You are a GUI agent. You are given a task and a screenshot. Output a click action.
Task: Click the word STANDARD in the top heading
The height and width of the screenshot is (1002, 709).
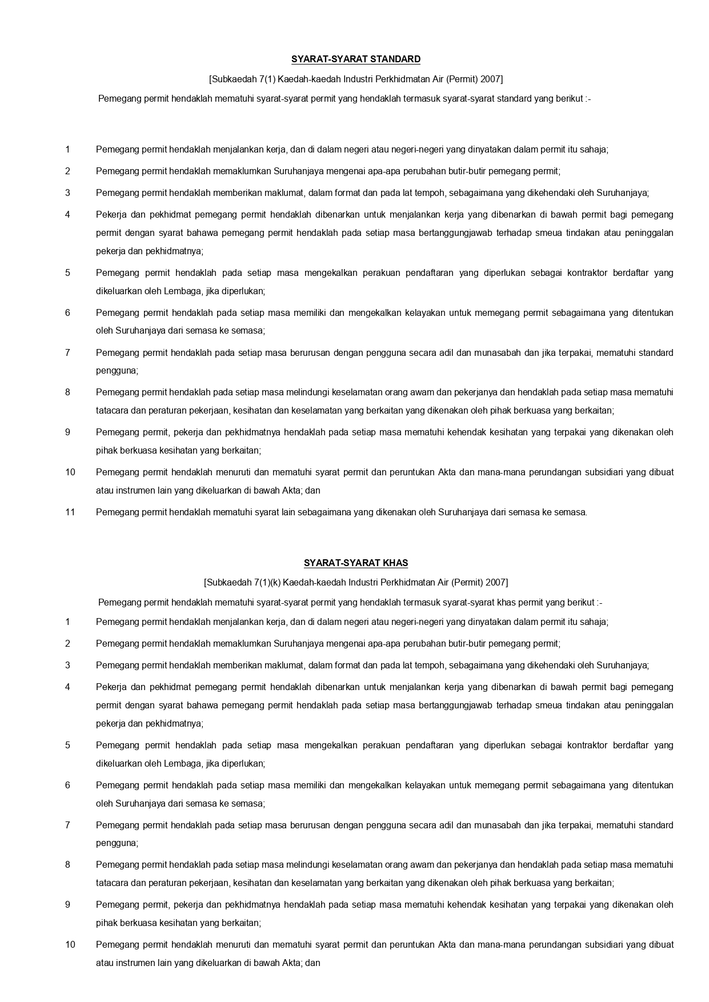pyautogui.click(x=395, y=59)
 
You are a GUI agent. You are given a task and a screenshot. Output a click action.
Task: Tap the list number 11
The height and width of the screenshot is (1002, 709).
pyautogui.click(x=70, y=512)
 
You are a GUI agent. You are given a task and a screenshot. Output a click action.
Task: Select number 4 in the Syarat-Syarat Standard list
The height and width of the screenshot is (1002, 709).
pyautogui.click(x=67, y=214)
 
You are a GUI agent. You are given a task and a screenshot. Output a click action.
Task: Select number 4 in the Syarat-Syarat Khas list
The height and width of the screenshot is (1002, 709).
pyautogui.click(x=67, y=687)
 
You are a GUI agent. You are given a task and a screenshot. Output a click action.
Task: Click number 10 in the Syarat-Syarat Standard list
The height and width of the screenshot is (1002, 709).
pyautogui.click(x=70, y=472)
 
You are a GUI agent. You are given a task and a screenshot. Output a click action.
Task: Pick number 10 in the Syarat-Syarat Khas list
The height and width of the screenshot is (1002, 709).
pyautogui.click(x=70, y=944)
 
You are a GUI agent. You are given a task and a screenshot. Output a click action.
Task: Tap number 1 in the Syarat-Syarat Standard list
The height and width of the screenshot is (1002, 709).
pyautogui.click(x=67, y=149)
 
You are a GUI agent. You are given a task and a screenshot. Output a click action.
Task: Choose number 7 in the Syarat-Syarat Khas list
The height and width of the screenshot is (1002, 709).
pyautogui.click(x=67, y=825)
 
